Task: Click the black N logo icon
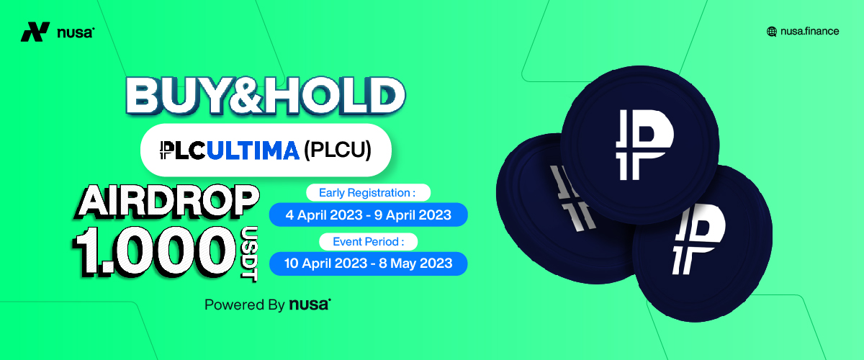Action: [x=35, y=32]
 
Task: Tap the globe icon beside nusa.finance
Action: [x=771, y=32]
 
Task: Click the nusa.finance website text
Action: [x=809, y=31]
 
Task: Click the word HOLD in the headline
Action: [x=333, y=96]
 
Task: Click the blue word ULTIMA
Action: [x=253, y=150]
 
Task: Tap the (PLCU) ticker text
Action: [x=338, y=150]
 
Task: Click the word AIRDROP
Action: [x=167, y=201]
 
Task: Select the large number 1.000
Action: [x=154, y=251]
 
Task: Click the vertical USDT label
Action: [x=249, y=253]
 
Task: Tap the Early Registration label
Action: [x=367, y=192]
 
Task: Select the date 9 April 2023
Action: [x=413, y=215]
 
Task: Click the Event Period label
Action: [x=369, y=242]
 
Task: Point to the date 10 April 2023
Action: [x=325, y=264]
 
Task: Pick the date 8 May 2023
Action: [x=415, y=264]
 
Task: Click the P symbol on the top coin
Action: [x=644, y=145]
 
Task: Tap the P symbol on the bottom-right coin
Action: [x=698, y=239]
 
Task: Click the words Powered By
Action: [x=245, y=305]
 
